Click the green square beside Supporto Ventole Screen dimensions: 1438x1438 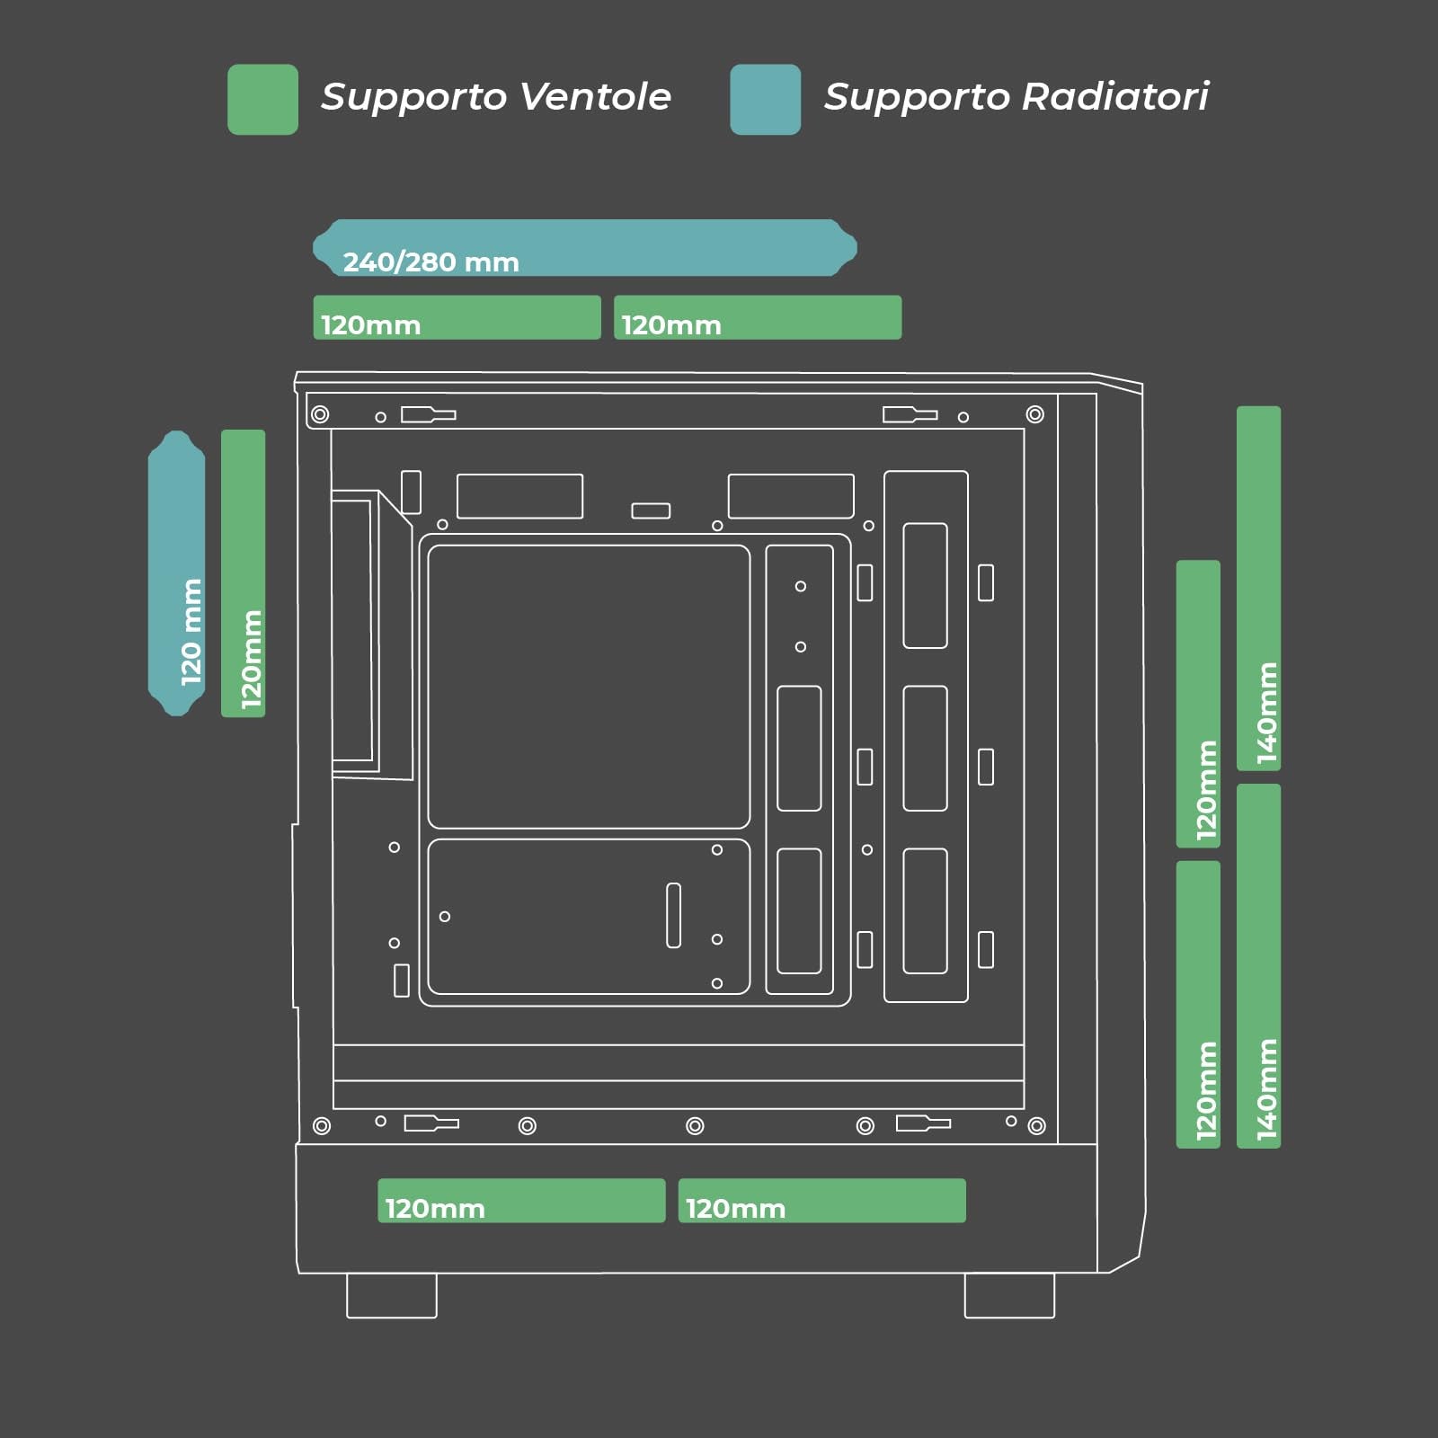(x=262, y=100)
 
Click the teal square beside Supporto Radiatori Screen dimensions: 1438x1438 (x=765, y=100)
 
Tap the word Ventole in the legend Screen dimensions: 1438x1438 (x=595, y=96)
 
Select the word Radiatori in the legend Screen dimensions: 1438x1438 (x=1115, y=96)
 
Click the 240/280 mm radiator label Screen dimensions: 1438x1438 (x=431, y=262)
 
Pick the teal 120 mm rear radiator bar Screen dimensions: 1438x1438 (x=176, y=573)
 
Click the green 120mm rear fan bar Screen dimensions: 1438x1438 (x=243, y=573)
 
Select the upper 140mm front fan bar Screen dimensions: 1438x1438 (x=1258, y=589)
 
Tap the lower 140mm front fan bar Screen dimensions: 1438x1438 (x=1258, y=966)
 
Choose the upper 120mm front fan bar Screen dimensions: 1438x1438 (x=1198, y=704)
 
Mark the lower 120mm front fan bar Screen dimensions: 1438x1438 (x=1198, y=1005)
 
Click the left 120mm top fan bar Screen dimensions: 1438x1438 (x=457, y=317)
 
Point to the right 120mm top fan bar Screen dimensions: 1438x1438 (x=758, y=317)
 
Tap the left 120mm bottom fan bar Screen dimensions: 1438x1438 (x=521, y=1201)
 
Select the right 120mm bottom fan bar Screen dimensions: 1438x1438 (x=822, y=1201)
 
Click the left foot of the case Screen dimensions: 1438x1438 (x=392, y=1295)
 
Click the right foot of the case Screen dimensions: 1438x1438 (x=1009, y=1295)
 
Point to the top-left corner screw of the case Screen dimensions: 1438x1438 (x=320, y=414)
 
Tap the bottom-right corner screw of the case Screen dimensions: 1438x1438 (x=1036, y=1126)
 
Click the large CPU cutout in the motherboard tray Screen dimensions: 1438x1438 (x=589, y=687)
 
